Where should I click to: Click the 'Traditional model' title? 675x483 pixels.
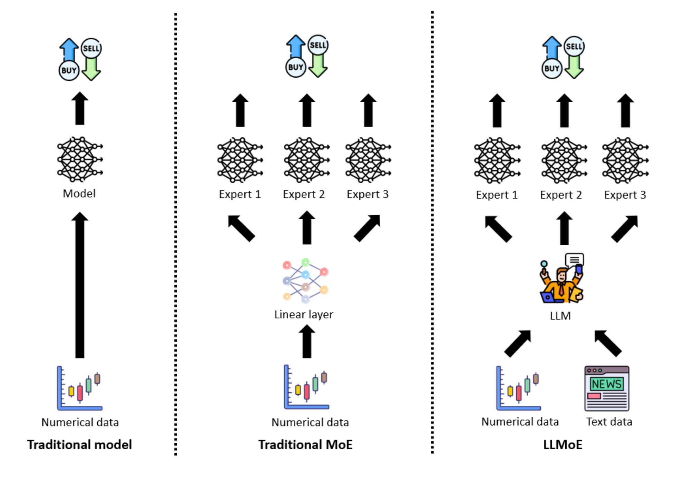click(x=79, y=444)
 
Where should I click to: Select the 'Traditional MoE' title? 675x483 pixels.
click(x=305, y=444)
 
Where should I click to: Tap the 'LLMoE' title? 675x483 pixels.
click(x=562, y=444)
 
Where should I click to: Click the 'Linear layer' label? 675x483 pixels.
click(x=304, y=314)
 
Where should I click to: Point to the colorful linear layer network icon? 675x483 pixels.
click(x=305, y=280)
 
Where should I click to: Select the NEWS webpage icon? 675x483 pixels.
click(x=607, y=388)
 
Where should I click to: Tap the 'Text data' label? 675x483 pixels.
click(x=609, y=422)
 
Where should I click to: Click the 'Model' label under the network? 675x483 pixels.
click(x=79, y=194)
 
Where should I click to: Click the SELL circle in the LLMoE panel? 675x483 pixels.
click(x=574, y=47)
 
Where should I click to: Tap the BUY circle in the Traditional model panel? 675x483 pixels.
click(x=69, y=70)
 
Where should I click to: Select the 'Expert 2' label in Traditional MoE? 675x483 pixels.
click(x=304, y=194)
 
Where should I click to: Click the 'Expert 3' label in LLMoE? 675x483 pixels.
click(x=625, y=195)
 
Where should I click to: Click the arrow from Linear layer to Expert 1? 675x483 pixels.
click(x=242, y=228)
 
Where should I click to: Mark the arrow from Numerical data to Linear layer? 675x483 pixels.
click(x=307, y=342)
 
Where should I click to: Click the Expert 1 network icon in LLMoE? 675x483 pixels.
click(x=497, y=160)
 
